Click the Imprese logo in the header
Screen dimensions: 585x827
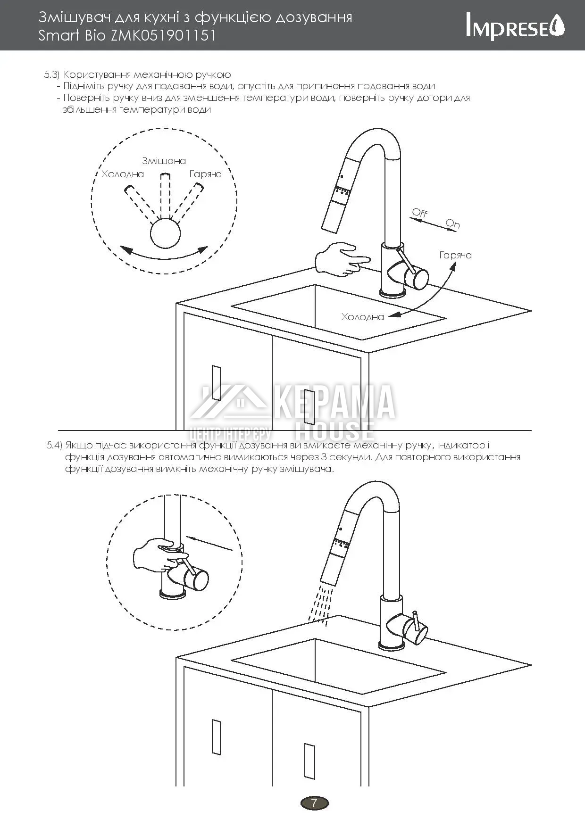pos(515,26)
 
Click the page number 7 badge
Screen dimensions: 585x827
pos(314,802)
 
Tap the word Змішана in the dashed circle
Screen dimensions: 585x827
pos(164,161)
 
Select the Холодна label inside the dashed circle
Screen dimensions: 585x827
pos(123,174)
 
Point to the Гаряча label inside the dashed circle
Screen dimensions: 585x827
pos(206,174)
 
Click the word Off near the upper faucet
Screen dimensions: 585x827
pos(419,213)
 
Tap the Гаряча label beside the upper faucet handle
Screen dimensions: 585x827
pos(456,255)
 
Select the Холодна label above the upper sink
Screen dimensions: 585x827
pos(363,317)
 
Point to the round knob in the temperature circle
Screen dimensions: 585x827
pos(165,233)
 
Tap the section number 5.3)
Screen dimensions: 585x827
pos(52,74)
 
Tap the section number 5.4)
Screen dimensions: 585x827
pos(54,445)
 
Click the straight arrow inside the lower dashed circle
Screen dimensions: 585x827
pos(209,543)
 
